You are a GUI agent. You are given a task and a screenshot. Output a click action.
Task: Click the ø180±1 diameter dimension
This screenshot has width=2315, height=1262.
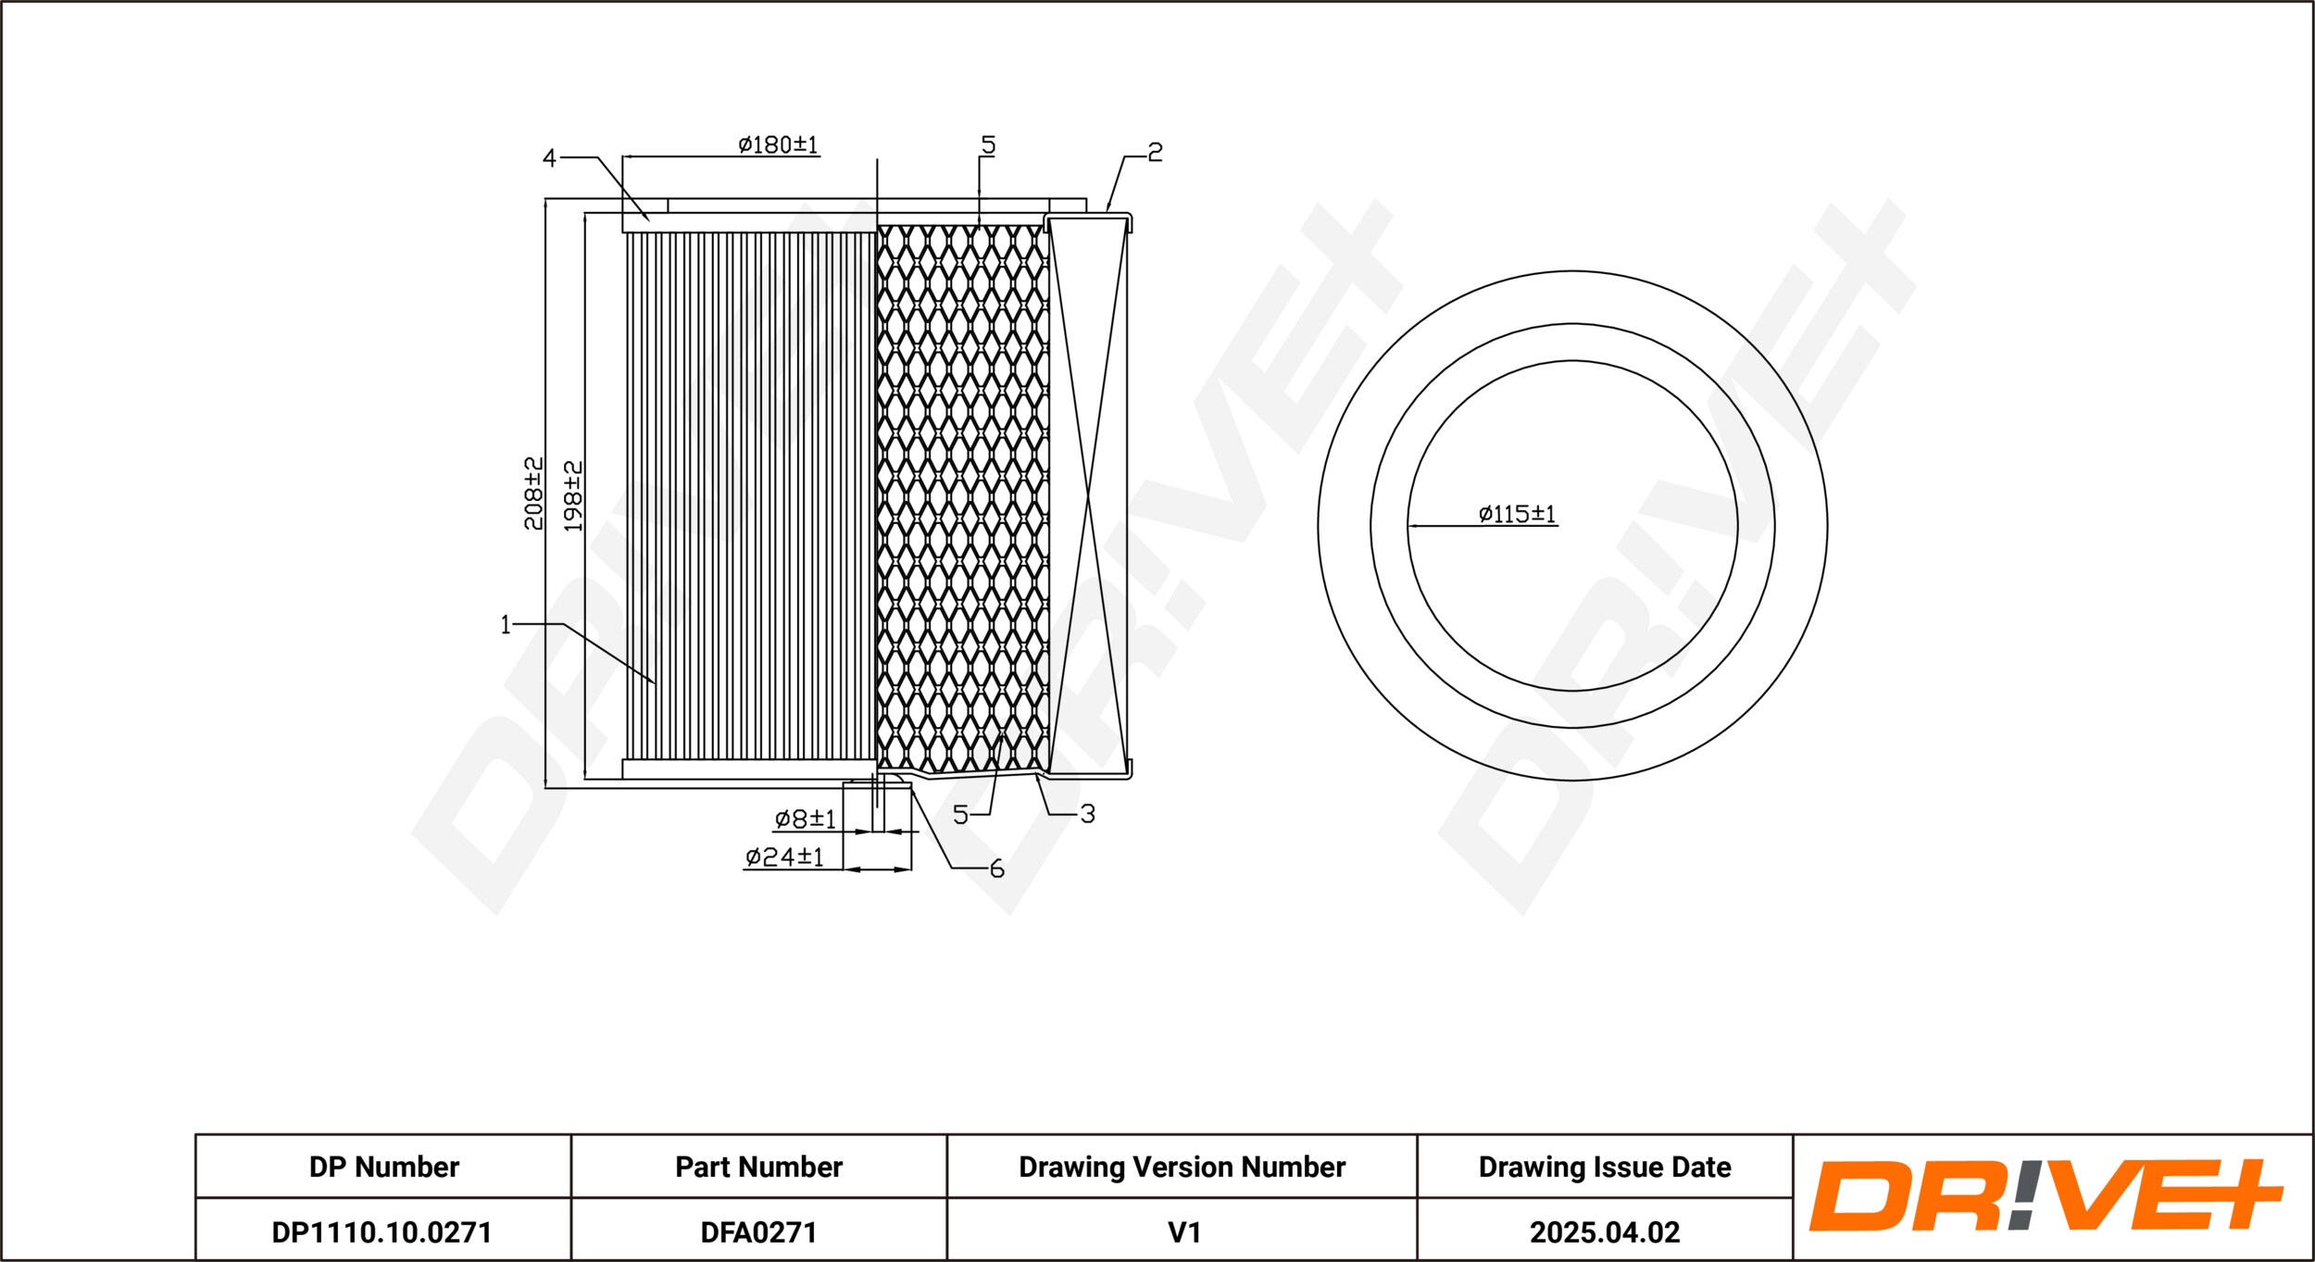click(778, 144)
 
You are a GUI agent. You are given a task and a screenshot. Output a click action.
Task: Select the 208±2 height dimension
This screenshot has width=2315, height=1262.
click(533, 494)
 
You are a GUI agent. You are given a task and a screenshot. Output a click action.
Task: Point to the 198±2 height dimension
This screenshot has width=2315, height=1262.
click(573, 496)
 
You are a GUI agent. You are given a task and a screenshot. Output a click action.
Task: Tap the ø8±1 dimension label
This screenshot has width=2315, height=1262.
click(805, 818)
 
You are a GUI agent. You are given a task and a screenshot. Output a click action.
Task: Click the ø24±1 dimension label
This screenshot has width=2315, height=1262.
click(784, 856)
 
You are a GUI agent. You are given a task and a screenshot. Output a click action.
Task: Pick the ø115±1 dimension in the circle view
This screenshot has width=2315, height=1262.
click(1517, 514)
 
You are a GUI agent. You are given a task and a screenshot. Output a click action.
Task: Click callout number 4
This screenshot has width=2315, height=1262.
click(549, 159)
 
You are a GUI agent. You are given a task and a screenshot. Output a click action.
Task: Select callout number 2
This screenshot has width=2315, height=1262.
click(1155, 152)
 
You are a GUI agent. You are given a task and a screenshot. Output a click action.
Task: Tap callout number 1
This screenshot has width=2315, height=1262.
click(506, 625)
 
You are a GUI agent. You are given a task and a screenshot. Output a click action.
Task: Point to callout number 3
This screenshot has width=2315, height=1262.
click(1088, 814)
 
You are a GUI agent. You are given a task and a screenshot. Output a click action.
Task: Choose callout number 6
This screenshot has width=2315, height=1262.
click(996, 868)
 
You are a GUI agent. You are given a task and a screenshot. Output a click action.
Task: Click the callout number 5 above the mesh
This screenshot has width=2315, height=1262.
click(988, 145)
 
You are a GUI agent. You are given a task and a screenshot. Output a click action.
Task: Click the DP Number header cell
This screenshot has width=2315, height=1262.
click(383, 1167)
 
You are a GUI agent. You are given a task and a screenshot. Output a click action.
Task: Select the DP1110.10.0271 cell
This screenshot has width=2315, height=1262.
click(382, 1232)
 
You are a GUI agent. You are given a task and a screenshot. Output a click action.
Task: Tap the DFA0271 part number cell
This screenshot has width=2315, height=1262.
click(758, 1232)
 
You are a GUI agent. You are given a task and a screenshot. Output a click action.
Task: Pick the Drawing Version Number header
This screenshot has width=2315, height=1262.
click(1182, 1167)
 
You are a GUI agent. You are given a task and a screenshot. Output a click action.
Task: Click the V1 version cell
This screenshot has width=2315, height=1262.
click(1184, 1232)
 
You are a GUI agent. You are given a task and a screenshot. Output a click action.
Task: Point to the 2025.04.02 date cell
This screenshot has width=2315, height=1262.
click(1605, 1232)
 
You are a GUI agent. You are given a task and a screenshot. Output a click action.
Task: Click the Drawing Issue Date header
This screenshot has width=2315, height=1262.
click(1605, 1167)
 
